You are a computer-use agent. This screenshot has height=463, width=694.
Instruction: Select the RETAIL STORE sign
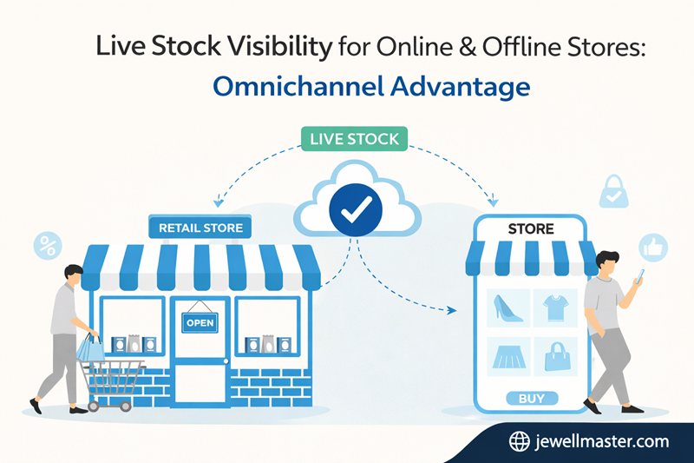200,228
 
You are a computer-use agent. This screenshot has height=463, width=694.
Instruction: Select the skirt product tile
507,357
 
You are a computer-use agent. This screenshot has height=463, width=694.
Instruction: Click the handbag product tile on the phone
554,357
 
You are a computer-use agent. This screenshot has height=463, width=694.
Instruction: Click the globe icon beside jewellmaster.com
520,441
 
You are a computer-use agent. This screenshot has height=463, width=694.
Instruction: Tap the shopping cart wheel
125,405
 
